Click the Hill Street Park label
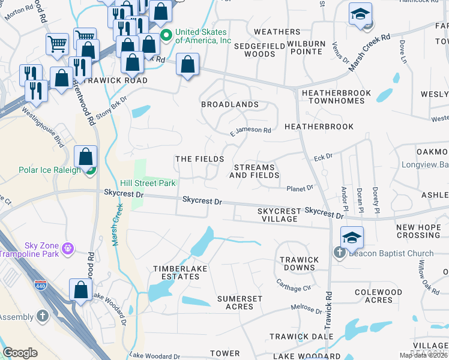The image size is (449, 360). point(147,182)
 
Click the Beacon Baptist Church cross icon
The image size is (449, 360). point(339,252)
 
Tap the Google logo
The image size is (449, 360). point(20,353)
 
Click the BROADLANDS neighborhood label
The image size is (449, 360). point(229,104)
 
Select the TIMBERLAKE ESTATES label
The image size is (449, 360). point(176,272)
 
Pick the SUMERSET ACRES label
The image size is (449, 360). point(240,302)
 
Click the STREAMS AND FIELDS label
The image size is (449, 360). point(254,171)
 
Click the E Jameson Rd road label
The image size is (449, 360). point(251,130)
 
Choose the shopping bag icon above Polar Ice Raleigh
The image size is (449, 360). point(86,157)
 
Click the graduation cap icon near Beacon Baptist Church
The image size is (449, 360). point(352,236)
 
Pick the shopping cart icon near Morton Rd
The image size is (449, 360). point(58,43)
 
